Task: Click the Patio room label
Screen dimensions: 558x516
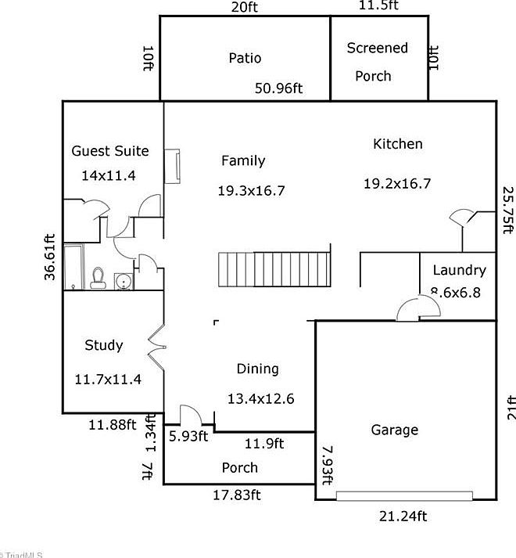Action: pos(245,58)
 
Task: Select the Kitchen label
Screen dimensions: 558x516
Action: pos(397,144)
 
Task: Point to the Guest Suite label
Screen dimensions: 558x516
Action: pos(109,151)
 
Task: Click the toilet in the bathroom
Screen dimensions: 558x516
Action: pos(98,278)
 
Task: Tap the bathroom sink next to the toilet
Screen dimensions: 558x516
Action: pos(124,280)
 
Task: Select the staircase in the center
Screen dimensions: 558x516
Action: pos(274,271)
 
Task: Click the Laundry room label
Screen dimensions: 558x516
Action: pos(459,271)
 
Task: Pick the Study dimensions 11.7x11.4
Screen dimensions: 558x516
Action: pos(107,380)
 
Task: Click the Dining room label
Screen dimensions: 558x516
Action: pos(257,369)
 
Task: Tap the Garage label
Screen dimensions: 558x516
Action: pos(394,430)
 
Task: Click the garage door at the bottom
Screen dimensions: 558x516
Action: pos(404,496)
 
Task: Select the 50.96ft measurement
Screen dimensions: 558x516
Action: pos(278,88)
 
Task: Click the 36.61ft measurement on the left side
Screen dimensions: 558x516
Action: pos(50,257)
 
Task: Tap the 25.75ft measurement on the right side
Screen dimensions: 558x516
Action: pos(508,210)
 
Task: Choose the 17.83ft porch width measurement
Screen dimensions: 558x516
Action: pos(237,495)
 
